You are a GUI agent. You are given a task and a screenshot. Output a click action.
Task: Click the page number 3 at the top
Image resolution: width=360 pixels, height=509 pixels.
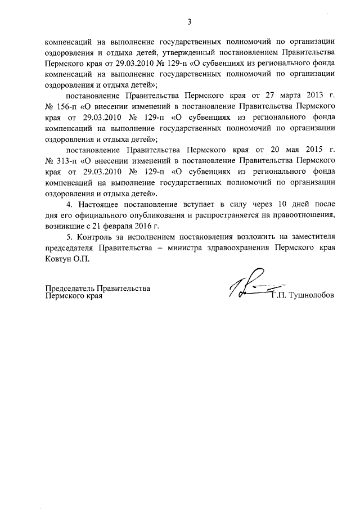pyautogui.click(x=190, y=22)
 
